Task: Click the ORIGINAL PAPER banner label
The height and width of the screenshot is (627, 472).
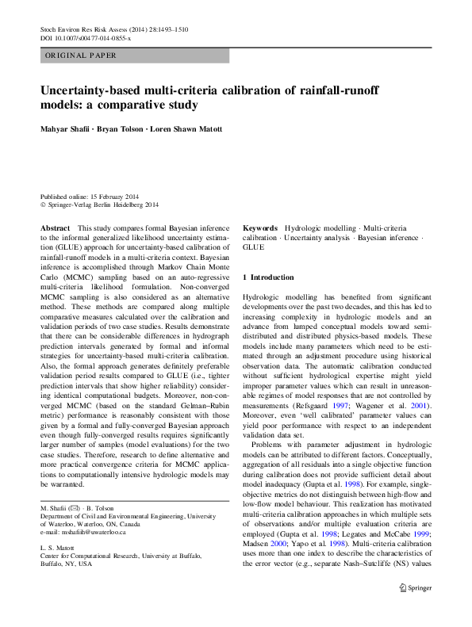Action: click(81, 55)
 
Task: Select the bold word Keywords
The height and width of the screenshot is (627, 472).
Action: click(260, 227)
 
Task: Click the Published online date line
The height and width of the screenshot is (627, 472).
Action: click(89, 197)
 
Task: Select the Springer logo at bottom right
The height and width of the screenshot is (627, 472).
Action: click(416, 588)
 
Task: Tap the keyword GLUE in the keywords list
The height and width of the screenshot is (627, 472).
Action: click(254, 247)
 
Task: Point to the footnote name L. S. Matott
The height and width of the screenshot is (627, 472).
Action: click(57, 526)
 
